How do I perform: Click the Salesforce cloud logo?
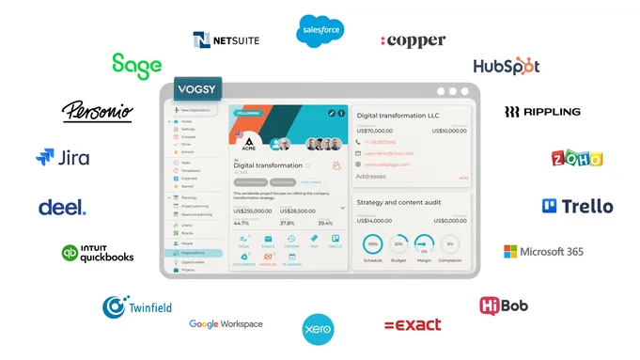click(320, 30)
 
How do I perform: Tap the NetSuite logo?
click(226, 39)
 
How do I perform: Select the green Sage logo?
click(136, 65)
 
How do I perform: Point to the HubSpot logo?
click(506, 66)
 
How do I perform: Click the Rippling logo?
click(542, 112)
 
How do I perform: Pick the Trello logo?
click(577, 206)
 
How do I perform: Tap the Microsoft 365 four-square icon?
click(510, 252)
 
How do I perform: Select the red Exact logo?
click(413, 324)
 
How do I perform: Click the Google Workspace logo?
click(226, 324)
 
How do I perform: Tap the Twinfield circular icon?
click(115, 306)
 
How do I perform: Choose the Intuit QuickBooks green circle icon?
click(70, 253)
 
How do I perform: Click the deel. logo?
click(62, 207)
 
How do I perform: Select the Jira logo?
click(62, 158)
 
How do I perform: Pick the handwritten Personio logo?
click(97, 112)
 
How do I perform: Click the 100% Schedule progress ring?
click(373, 244)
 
